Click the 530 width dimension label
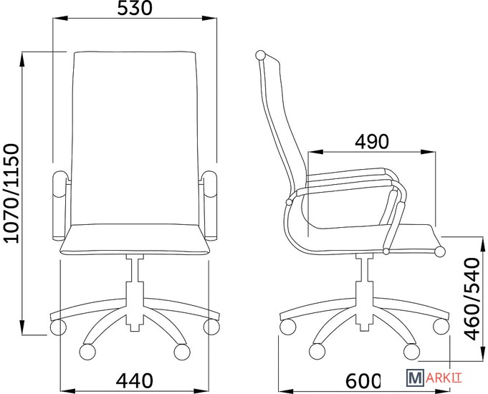pos(135,8)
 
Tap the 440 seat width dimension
pos(135,380)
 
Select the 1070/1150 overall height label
pos(12,193)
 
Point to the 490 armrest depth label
pos(372,142)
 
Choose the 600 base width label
pos(363,380)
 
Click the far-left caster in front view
pos(58,327)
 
